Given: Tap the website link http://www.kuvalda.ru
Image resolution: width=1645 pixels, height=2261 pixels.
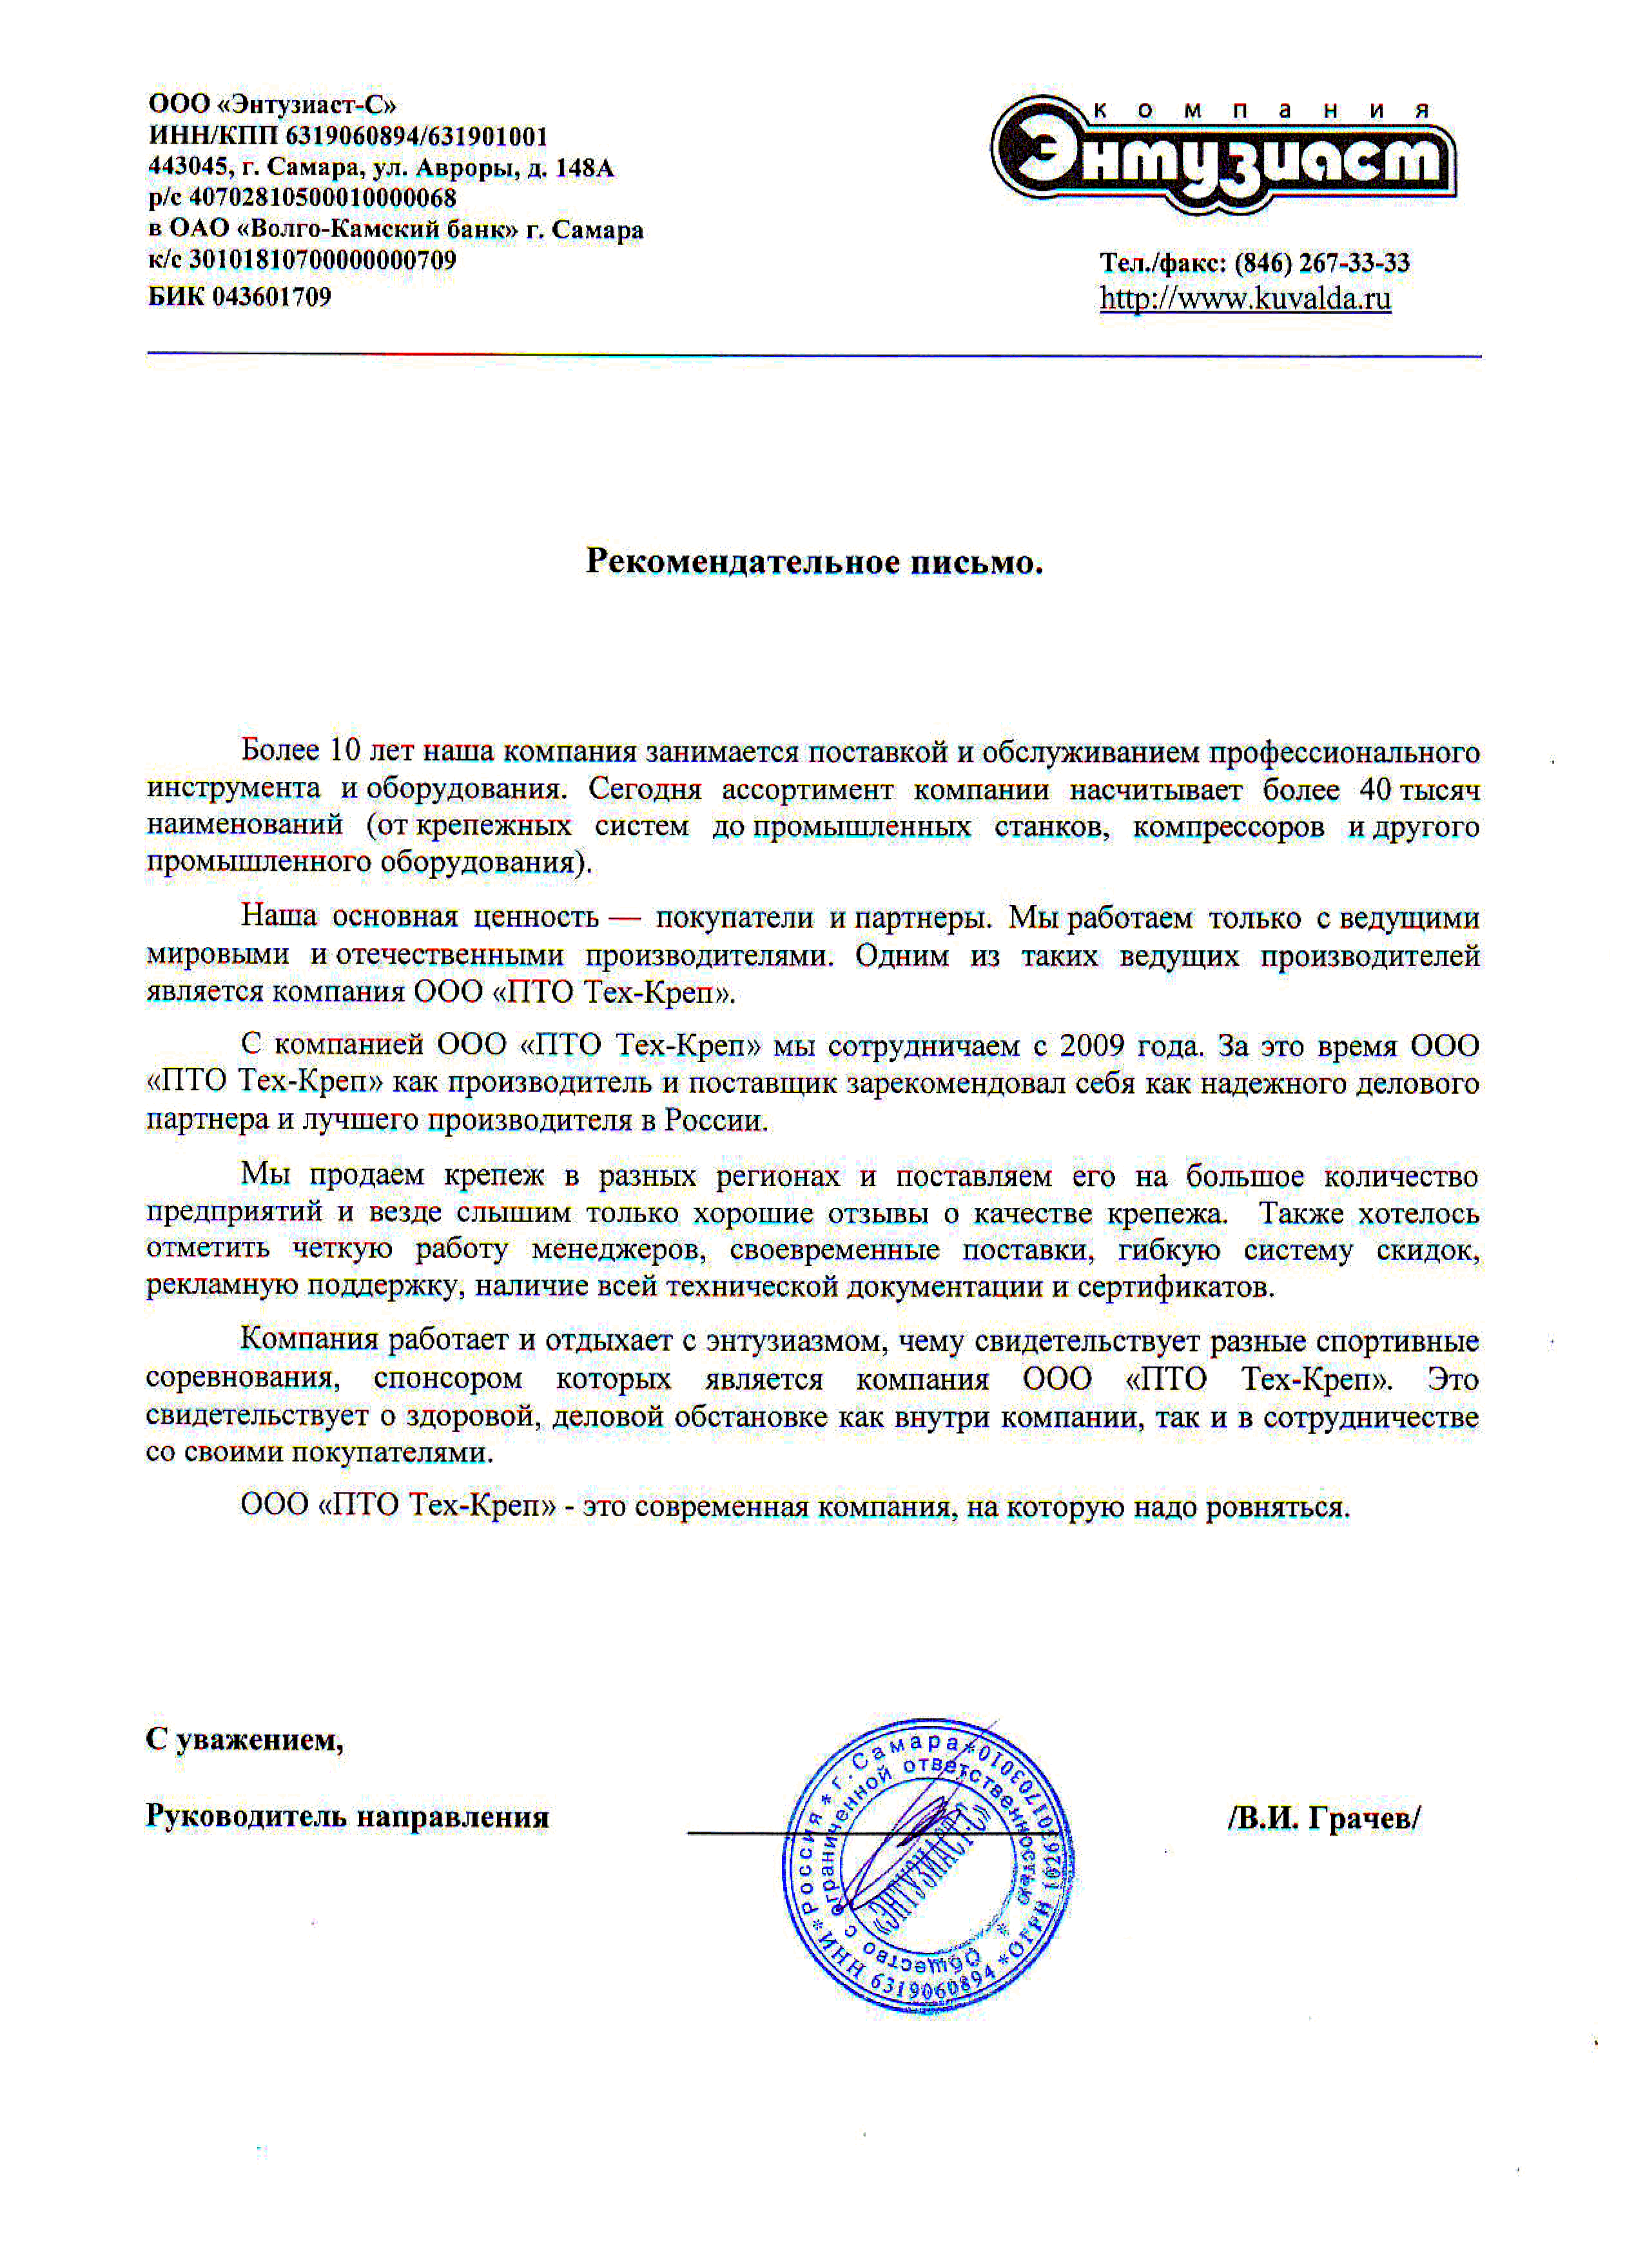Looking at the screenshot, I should (1245, 298).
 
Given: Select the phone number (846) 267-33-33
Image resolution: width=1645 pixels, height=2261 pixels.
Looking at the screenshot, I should (1322, 263).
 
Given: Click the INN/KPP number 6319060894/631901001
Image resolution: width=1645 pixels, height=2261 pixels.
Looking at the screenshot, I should (417, 135).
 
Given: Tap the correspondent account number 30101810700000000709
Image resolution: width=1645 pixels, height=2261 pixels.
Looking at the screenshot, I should (322, 260).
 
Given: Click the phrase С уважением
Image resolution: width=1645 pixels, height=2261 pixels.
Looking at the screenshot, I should (244, 1740).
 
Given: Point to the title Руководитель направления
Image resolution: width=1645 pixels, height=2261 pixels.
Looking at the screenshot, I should (347, 1816).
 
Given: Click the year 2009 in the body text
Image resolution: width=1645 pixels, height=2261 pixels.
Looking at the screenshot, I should (1092, 1046).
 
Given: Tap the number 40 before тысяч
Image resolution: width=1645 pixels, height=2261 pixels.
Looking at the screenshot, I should (1375, 790).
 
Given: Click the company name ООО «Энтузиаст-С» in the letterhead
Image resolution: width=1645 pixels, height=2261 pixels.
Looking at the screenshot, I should (272, 104).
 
